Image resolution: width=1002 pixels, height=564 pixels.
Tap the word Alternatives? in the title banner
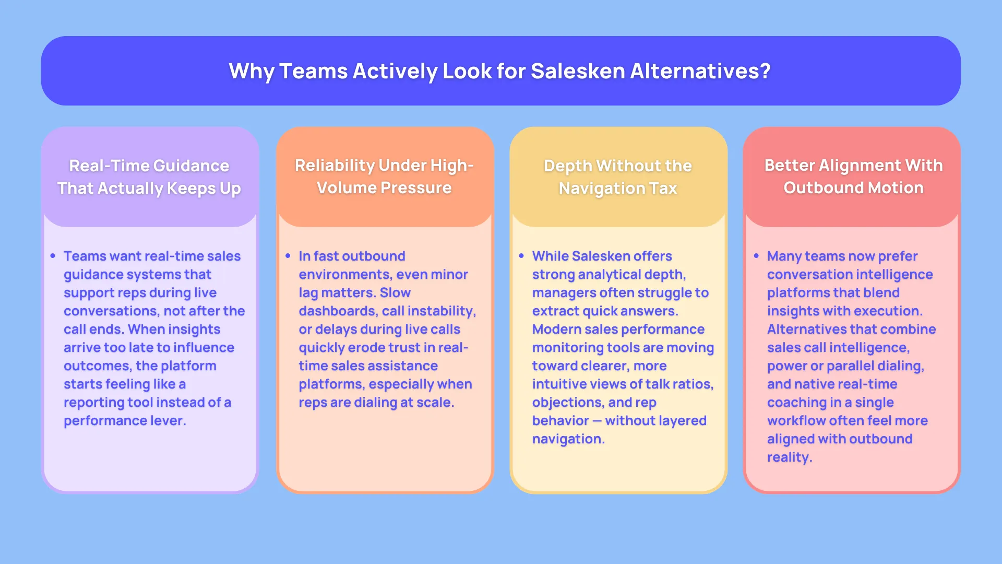(x=700, y=71)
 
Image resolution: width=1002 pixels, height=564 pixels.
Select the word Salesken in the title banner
(x=577, y=71)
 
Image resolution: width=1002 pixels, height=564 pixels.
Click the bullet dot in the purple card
(x=53, y=256)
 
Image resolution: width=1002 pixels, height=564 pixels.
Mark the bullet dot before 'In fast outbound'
(x=288, y=256)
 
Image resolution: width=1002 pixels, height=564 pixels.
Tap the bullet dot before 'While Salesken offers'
(x=521, y=256)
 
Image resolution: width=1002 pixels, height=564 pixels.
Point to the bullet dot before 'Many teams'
(x=756, y=256)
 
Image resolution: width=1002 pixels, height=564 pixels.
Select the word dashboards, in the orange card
(x=338, y=311)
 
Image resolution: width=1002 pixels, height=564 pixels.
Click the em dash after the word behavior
(x=597, y=420)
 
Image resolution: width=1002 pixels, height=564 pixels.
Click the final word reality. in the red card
(x=790, y=457)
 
